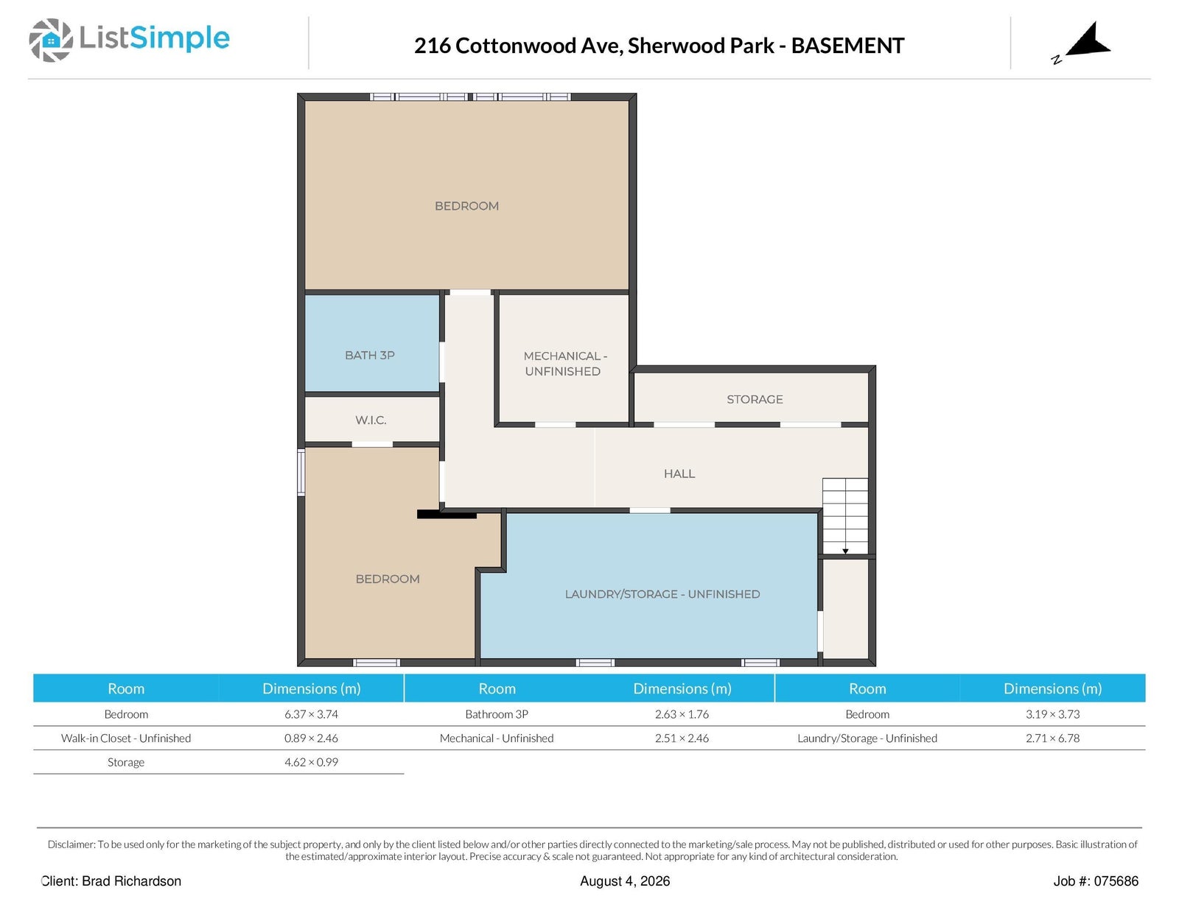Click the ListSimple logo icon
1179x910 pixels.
coord(50,40)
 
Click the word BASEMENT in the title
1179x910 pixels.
coord(847,46)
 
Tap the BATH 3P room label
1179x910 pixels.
coord(369,355)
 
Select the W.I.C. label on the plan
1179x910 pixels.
coord(371,420)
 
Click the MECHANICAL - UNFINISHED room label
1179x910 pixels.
coord(564,364)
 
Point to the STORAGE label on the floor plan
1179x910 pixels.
coord(755,400)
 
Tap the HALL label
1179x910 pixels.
coord(679,473)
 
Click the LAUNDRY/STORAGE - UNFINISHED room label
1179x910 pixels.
coord(662,594)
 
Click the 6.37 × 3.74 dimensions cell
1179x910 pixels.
coord(311,714)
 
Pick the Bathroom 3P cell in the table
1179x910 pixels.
coord(497,714)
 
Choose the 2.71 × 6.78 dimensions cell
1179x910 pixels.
coord(1052,738)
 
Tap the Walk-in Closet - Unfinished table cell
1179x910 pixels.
coord(126,738)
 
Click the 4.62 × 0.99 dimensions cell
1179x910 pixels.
coord(311,762)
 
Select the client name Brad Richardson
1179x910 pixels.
coord(131,881)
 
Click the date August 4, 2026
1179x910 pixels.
coord(624,881)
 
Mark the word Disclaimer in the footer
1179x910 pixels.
coord(71,844)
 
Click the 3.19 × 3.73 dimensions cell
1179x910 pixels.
coord(1052,714)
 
